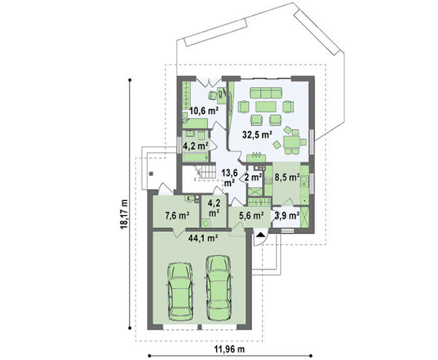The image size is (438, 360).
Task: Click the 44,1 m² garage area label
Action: pos(203,238)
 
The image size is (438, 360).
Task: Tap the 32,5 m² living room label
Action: pos(257,135)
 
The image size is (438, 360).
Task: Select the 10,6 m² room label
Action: pos(204,111)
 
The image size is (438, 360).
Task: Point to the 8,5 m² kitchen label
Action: pos(287,177)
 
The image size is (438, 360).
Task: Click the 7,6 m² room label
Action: pos(177,215)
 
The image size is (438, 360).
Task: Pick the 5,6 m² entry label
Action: pos(252,215)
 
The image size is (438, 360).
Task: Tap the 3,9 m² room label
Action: pos(287,215)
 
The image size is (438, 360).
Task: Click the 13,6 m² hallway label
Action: pos(230,178)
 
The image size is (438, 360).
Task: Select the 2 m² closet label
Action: pos(253,177)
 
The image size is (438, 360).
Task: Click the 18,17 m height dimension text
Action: pos(124,214)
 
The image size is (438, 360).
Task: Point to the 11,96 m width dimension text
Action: pos(230,349)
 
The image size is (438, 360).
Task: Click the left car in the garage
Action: pos(180,291)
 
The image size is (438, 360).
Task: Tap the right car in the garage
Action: pos(218,287)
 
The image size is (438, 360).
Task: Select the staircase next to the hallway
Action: pos(205,172)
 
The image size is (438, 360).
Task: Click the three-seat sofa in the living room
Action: pos(266,93)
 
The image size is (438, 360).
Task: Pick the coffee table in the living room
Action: pos(266,106)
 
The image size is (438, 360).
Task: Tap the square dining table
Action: pos(292,142)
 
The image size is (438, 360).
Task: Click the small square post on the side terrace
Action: pos(151,173)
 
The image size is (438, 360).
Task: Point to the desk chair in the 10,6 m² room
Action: pos(212,95)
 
